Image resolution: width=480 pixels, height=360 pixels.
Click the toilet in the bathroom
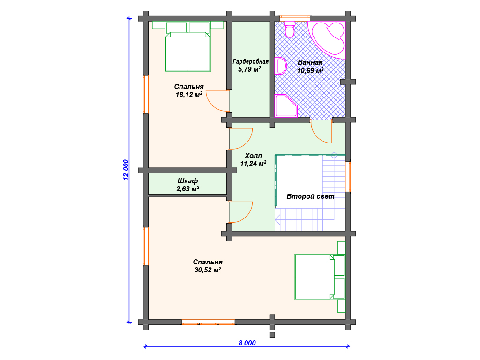[290, 29]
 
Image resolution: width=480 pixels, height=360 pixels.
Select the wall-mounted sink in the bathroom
[280, 66]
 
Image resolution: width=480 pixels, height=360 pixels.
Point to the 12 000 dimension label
[126, 170]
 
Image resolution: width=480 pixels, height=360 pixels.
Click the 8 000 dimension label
[247, 343]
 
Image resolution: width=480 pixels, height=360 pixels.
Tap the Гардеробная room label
[250, 61]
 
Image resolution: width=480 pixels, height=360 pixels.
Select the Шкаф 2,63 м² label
[187, 185]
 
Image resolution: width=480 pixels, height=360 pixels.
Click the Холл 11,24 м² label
[253, 159]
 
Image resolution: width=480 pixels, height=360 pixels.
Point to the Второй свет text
[310, 196]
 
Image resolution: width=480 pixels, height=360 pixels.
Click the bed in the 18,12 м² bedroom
[187, 46]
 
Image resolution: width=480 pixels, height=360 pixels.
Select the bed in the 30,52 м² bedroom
[320, 277]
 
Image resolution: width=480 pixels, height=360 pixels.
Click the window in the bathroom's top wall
[295, 18]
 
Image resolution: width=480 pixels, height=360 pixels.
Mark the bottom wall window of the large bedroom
[208, 322]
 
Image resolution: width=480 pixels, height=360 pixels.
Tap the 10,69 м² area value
[310, 71]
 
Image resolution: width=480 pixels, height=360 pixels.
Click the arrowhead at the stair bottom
[277, 219]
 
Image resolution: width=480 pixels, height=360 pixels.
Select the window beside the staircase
[348, 177]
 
